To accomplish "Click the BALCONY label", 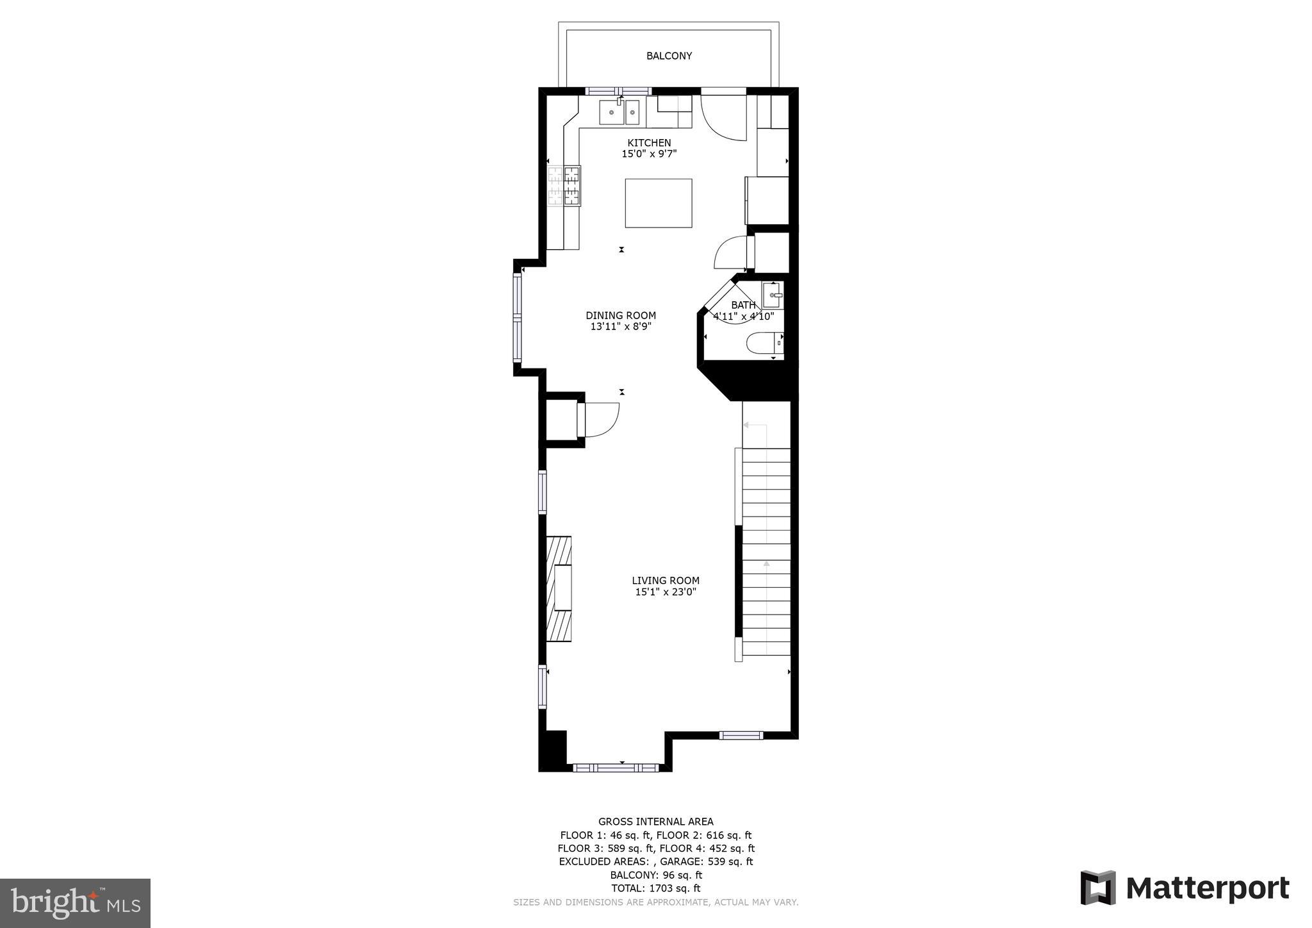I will tap(669, 56).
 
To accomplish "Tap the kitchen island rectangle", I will tap(658, 203).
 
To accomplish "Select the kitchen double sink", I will tap(619, 113).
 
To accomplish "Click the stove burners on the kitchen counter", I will tap(564, 186).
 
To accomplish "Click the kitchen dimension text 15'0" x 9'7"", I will tap(649, 154).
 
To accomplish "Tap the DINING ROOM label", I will tap(621, 315).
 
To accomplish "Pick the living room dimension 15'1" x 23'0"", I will tap(666, 592).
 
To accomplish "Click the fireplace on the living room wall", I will tap(559, 588).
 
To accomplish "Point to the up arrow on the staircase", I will tap(766, 565).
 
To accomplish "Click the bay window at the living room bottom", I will tap(615, 767).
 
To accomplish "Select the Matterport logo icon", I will tap(1098, 888).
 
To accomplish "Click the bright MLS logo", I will tap(75, 904).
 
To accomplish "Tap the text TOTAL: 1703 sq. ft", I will tap(655, 888).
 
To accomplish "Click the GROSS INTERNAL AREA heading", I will tap(655, 822).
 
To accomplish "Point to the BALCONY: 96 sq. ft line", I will tap(655, 875).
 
